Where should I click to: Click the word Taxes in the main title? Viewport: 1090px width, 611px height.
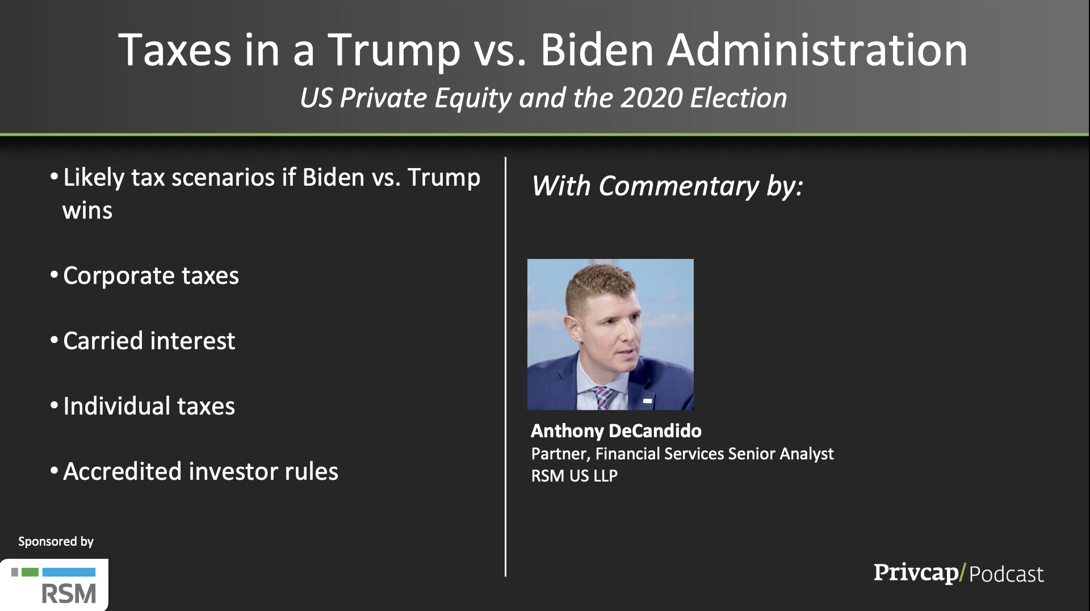pos(175,50)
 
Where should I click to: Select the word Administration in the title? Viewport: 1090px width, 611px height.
pos(817,50)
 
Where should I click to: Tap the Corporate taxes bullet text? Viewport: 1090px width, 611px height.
pos(151,276)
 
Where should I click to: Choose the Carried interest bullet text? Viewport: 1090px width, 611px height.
pos(149,341)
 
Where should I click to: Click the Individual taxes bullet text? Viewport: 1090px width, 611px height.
pos(149,406)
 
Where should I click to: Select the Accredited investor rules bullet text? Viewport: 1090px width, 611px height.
pos(200,471)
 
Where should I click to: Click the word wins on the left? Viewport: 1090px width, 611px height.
pos(87,211)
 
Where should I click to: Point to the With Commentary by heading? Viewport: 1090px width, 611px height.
pos(667,186)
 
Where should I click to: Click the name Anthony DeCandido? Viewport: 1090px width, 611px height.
pos(616,431)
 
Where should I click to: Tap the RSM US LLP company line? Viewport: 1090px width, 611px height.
pos(574,475)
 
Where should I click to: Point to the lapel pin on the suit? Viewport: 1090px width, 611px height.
pos(647,401)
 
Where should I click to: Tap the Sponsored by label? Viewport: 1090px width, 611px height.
pos(56,542)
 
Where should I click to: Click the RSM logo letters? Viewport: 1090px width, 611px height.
pos(69,593)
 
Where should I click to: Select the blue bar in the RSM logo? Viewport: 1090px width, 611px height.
pos(69,572)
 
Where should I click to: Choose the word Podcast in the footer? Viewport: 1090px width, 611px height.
pos(1006,574)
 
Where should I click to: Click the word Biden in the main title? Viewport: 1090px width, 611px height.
pos(597,50)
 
